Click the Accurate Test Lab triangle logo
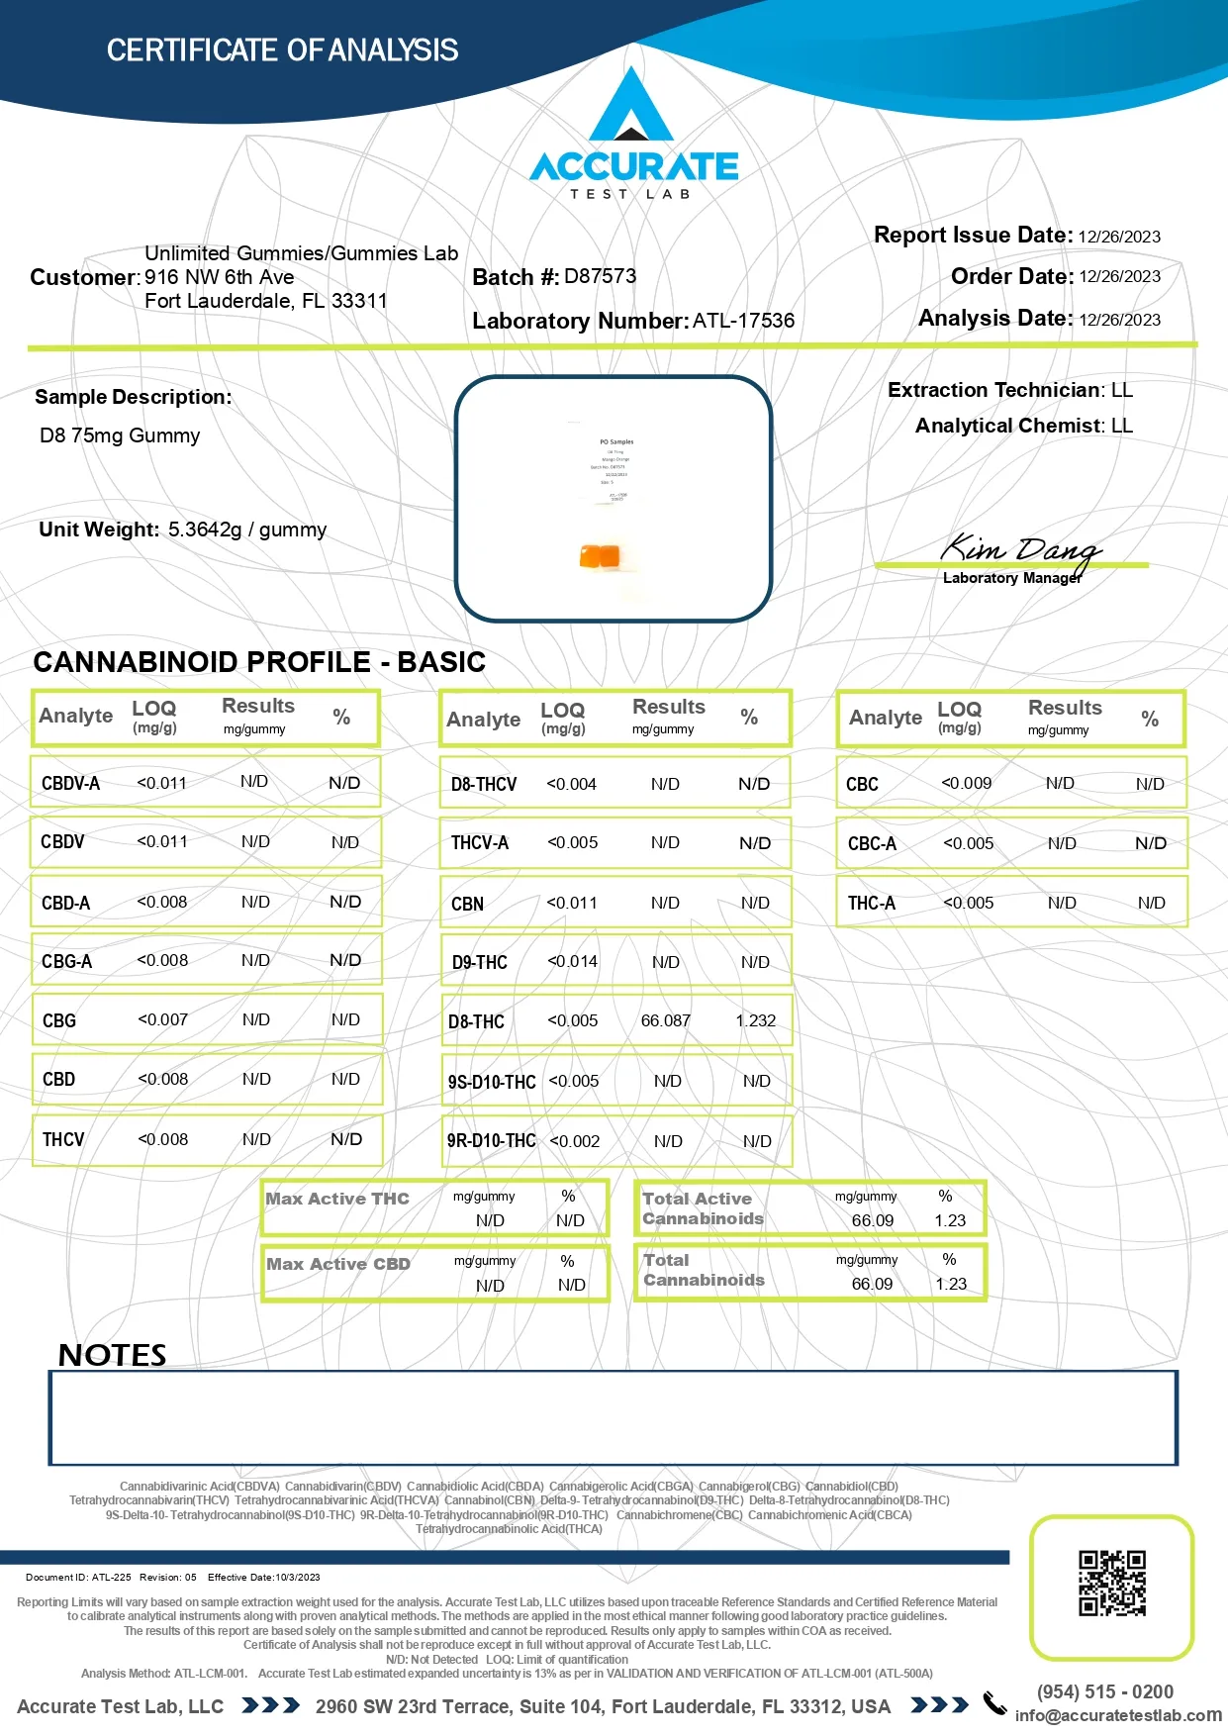(631, 107)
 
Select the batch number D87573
(600, 276)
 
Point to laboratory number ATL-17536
(743, 321)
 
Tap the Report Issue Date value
(1119, 237)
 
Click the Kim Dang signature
(1019, 550)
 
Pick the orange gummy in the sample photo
(600, 556)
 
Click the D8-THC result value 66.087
(665, 1020)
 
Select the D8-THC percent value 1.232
(756, 1020)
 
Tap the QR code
(1111, 1583)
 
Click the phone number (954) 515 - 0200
(1104, 1691)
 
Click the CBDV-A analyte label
(70, 783)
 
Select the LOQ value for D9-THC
(572, 961)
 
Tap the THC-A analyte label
(871, 903)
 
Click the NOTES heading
(112, 1354)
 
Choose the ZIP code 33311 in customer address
(359, 301)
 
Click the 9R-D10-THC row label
(491, 1140)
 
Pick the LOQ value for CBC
(966, 783)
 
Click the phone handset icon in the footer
(993, 1702)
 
